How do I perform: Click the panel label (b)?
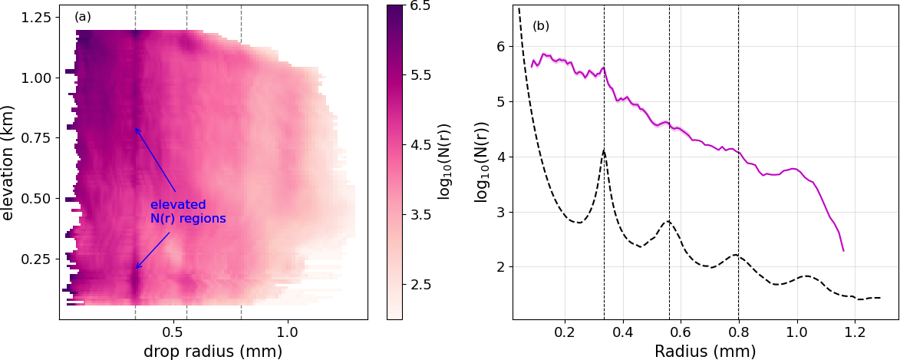[541, 26]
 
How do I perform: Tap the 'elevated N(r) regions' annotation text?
[188, 212]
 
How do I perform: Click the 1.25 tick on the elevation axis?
[37, 18]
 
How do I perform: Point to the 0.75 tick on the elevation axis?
[37, 138]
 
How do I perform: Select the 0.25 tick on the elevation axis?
[37, 259]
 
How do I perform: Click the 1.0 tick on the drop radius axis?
[288, 335]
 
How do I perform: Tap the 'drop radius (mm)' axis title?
[213, 351]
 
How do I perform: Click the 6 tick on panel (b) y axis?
[502, 47]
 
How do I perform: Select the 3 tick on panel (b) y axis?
[502, 213]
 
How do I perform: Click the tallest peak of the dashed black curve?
[605, 150]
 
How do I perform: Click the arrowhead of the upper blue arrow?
[136, 127]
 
